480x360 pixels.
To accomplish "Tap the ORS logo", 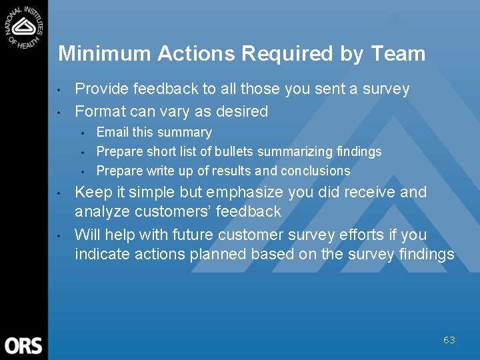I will tap(23, 345).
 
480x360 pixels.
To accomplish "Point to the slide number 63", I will tap(449, 340).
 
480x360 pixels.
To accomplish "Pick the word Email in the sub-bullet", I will tap(112, 132).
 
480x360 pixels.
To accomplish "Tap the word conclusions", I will tap(315, 171).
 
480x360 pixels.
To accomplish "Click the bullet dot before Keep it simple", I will tap(59, 193).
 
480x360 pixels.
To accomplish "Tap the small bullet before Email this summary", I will tap(81, 133).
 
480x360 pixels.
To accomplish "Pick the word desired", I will tap(243, 111).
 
